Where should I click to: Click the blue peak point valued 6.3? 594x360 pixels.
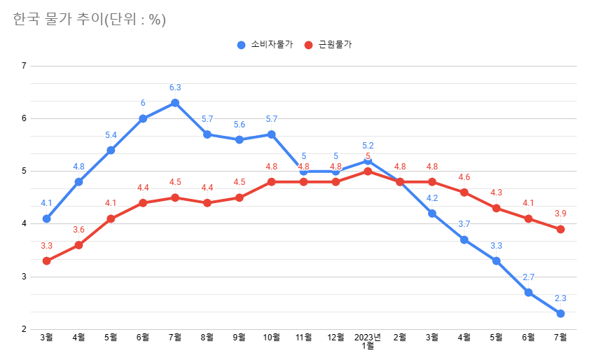175,103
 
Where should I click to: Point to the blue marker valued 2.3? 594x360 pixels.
560,313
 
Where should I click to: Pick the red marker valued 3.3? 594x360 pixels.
46,261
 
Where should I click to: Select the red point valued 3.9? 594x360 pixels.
560,229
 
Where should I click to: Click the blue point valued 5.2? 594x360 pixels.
368,161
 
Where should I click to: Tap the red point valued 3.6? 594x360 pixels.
78,245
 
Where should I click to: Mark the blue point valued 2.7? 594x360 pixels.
528,292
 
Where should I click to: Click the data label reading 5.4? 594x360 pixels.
111,135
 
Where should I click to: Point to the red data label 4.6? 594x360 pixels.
464,177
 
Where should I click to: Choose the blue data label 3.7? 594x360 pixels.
464,224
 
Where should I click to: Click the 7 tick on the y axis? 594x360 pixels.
24,67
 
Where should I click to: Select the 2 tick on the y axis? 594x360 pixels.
24,329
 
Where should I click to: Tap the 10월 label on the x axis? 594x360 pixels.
271,338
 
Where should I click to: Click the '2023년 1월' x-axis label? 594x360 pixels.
368,341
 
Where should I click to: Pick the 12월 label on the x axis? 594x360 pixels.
336,338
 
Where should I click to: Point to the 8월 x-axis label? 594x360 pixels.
207,338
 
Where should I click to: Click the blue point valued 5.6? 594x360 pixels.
240,139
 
